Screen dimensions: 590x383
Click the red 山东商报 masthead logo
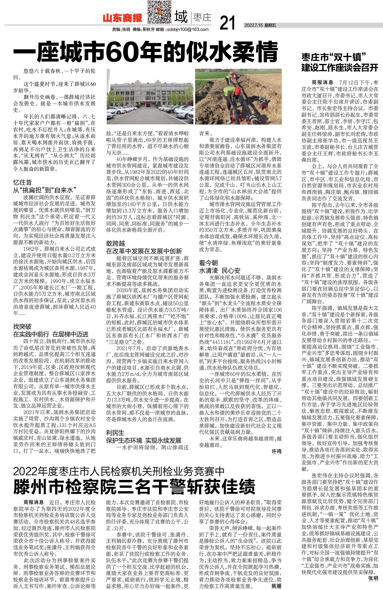(x=122, y=18)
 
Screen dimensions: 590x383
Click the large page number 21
(x=228, y=23)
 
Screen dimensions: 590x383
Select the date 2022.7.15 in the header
(x=254, y=25)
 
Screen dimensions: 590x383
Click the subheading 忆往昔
(x=22, y=182)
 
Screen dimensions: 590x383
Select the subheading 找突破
(x=22, y=327)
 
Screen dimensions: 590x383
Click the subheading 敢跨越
(x=116, y=243)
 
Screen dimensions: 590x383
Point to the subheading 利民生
(x=115, y=433)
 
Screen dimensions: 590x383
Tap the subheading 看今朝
(x=208, y=262)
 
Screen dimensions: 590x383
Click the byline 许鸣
(x=276, y=452)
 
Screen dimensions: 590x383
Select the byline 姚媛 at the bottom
(x=276, y=586)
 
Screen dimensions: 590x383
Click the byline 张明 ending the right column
(x=373, y=578)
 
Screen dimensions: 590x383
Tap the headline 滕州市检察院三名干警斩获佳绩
(x=134, y=486)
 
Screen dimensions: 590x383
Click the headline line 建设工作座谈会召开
(x=340, y=68)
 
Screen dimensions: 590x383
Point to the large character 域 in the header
(x=181, y=17)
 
